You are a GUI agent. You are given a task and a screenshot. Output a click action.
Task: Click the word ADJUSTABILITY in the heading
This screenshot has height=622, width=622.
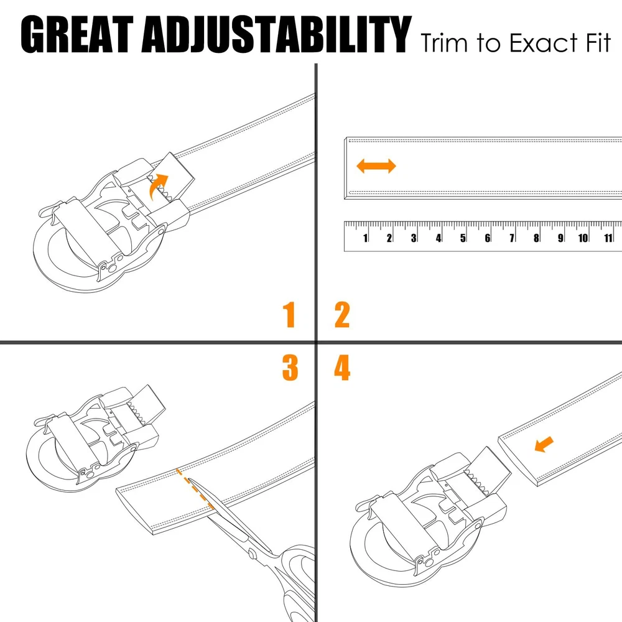click(277, 34)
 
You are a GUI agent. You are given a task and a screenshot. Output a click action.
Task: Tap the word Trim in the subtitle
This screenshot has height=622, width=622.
click(444, 43)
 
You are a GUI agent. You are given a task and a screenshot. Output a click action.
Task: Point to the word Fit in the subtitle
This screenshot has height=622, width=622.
click(598, 42)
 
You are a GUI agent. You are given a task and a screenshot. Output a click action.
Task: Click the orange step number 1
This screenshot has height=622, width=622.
click(289, 314)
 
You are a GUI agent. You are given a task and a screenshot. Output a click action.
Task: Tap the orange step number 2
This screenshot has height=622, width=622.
click(342, 315)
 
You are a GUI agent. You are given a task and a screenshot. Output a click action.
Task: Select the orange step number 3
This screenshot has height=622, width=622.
click(290, 368)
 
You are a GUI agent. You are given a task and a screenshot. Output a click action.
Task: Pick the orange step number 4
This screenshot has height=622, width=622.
click(342, 368)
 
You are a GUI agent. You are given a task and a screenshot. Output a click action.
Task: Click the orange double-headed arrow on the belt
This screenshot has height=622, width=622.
click(376, 166)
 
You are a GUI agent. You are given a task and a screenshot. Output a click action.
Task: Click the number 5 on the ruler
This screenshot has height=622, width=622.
click(463, 238)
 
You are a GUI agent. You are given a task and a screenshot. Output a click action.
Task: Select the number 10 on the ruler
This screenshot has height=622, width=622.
click(583, 238)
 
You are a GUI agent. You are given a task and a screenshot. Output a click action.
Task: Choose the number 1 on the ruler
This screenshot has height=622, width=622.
click(365, 238)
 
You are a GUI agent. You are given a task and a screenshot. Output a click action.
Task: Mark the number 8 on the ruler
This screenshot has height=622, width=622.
click(536, 238)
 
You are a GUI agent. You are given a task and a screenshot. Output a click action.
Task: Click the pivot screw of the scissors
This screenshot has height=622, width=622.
click(252, 552)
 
